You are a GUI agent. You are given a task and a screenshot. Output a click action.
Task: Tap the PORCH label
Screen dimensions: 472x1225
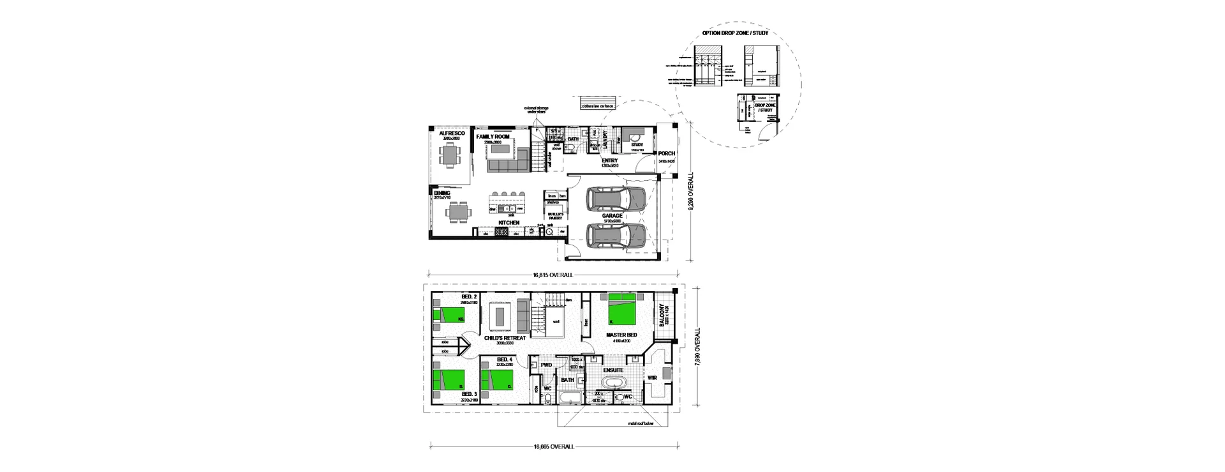(667, 153)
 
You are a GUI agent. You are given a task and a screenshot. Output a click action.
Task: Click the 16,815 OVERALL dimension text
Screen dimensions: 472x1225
(553, 275)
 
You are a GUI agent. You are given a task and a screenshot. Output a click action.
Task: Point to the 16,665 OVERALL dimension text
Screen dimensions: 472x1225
(553, 446)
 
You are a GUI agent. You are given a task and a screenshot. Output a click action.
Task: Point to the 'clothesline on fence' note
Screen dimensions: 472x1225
(597, 106)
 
